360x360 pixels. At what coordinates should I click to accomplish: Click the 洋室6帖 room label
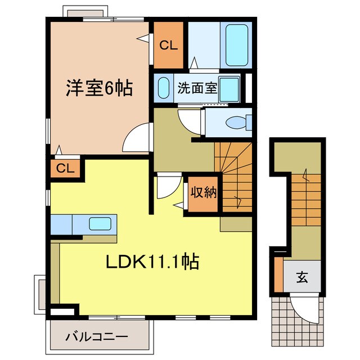point(100,89)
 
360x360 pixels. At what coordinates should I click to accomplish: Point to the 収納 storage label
point(202,193)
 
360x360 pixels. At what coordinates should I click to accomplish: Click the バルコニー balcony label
point(96,337)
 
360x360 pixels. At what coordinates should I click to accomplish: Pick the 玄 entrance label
point(302,277)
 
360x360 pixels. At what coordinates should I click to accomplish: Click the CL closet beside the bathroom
point(168,46)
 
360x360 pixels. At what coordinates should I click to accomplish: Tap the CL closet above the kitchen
point(65,168)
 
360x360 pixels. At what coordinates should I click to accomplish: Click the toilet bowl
point(237,122)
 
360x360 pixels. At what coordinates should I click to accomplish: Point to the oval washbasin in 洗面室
point(163,89)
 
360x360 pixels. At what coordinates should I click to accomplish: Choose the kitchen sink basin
point(100,224)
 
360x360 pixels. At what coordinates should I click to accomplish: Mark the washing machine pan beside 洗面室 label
point(230,89)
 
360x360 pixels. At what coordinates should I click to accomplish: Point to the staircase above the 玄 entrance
point(306,197)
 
